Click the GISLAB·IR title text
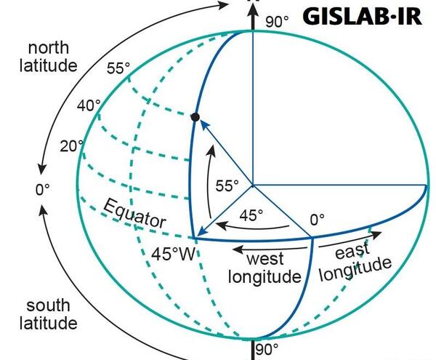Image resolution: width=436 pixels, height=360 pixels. [x=362, y=17]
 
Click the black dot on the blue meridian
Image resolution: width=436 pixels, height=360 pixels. [x=195, y=117]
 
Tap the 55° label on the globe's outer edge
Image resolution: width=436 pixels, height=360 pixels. [x=118, y=68]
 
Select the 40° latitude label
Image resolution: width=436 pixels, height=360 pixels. [x=89, y=105]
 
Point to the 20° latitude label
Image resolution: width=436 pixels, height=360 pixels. [x=71, y=145]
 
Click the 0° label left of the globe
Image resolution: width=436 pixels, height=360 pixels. [x=43, y=190]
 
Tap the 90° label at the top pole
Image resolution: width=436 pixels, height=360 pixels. [x=277, y=22]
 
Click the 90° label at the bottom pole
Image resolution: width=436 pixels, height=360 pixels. [x=267, y=349]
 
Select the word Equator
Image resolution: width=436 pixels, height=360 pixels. [x=134, y=214]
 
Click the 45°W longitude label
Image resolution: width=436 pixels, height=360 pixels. [x=174, y=254]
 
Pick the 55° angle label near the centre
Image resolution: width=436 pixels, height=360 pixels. [x=227, y=185]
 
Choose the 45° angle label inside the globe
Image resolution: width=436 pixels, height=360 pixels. [x=251, y=215]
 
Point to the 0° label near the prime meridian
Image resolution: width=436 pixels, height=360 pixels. [x=318, y=220]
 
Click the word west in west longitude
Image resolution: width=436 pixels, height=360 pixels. [x=265, y=258]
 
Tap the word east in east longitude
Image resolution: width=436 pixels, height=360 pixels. [x=352, y=251]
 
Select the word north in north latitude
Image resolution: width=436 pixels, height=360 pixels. [x=49, y=48]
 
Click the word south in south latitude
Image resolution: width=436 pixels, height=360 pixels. [x=48, y=305]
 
